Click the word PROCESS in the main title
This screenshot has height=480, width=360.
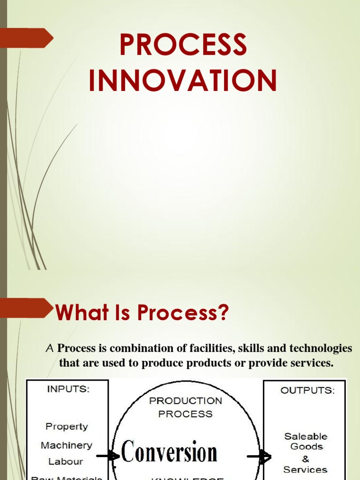point(183,45)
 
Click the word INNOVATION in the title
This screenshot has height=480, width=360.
point(183,80)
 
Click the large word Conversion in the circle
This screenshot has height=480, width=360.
point(169,453)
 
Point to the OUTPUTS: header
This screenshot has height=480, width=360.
point(307,390)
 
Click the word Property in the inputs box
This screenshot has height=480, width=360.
point(67,427)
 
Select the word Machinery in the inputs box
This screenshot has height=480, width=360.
point(67,445)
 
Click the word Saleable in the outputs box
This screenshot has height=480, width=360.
point(306,436)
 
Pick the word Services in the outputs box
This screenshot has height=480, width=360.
point(306,469)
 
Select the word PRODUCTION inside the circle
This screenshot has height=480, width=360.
point(185,401)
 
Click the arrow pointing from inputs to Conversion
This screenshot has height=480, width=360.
point(108,456)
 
